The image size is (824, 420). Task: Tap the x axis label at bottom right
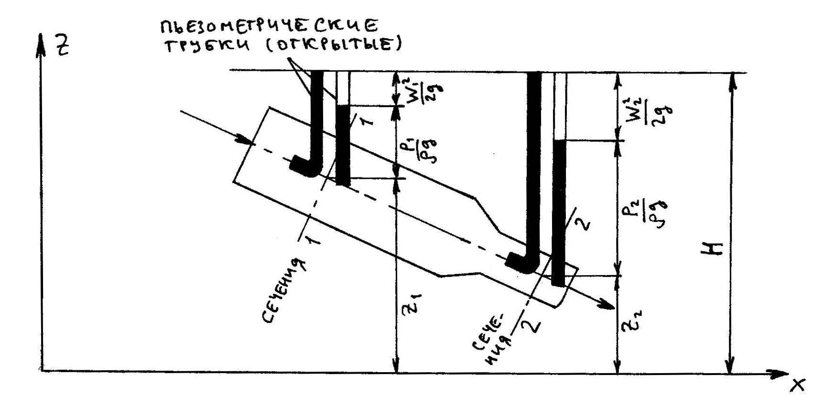click(x=797, y=385)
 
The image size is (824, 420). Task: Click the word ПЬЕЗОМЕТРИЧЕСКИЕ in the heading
click(x=269, y=26)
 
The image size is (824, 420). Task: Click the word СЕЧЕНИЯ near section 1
click(x=283, y=291)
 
